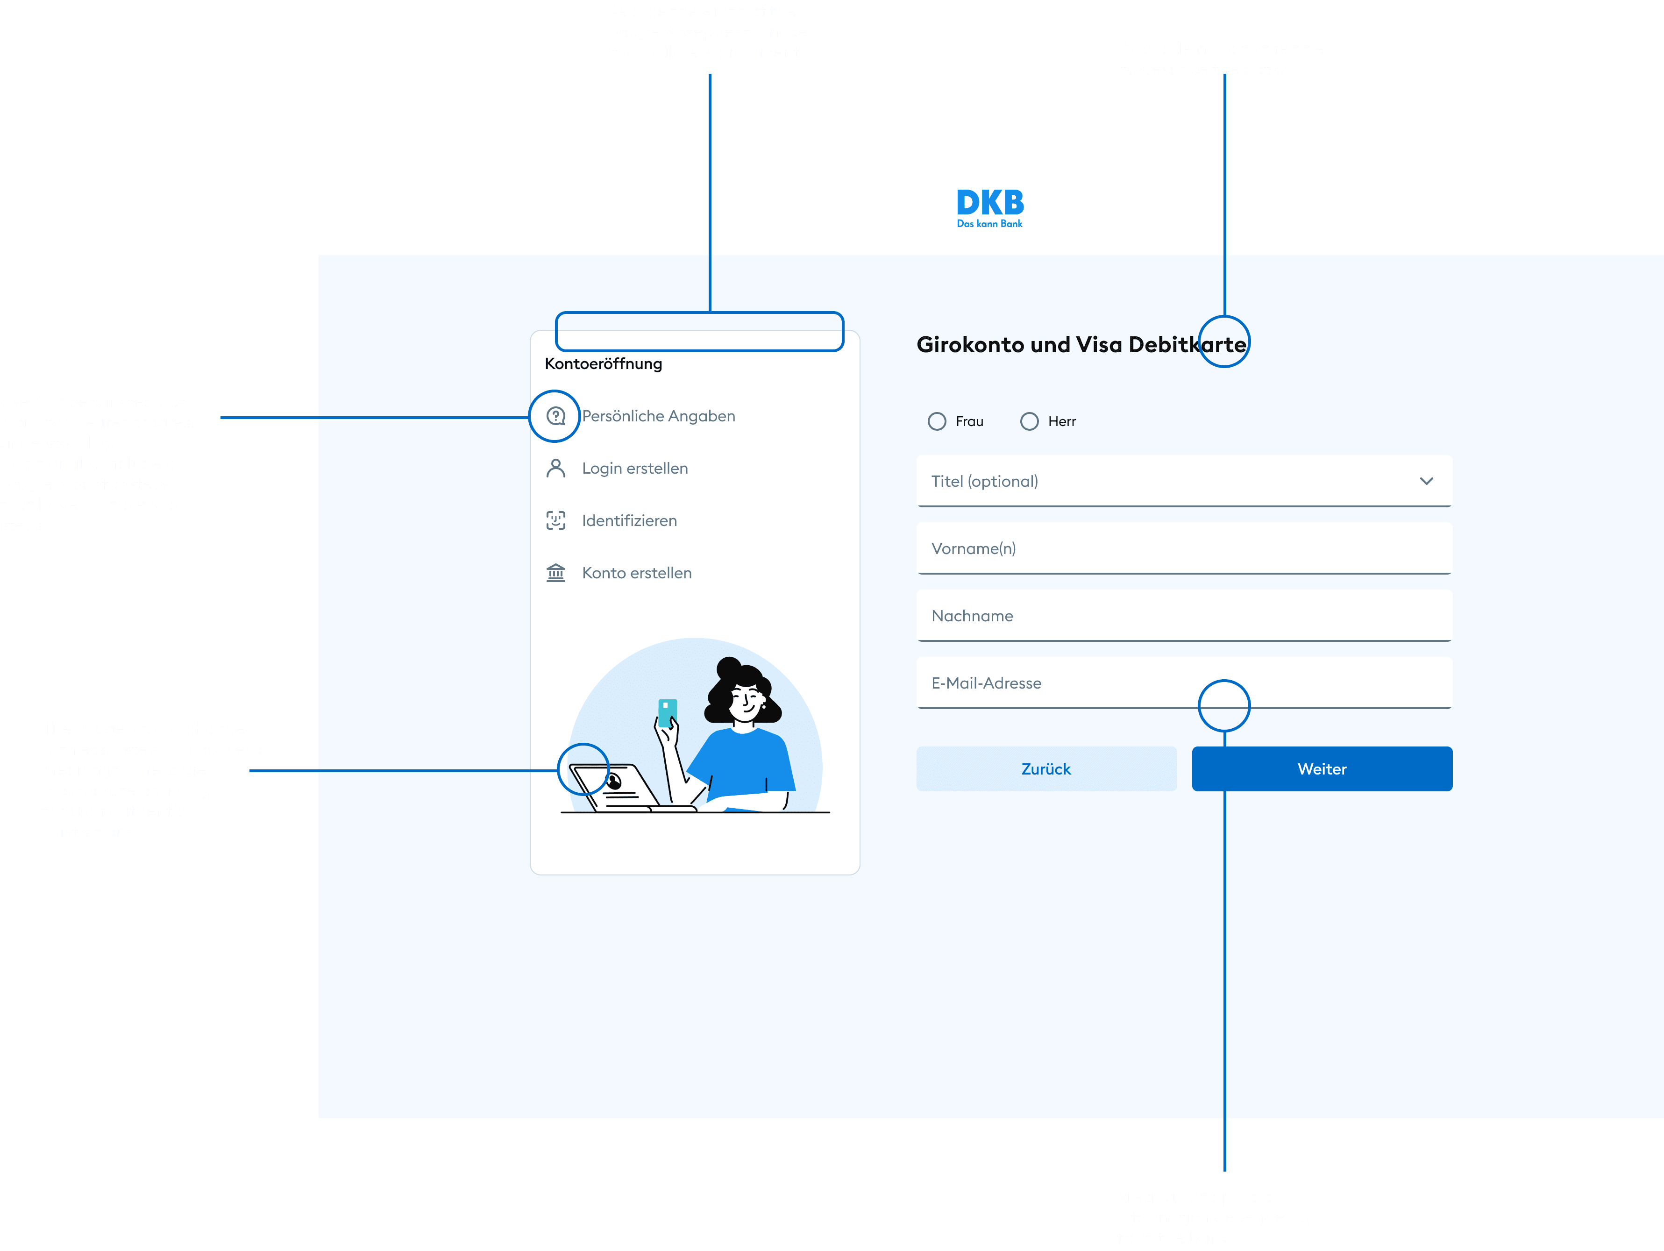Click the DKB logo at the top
[989, 207]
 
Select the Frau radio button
[937, 421]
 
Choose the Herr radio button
[1029, 421]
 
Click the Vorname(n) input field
[1183, 548]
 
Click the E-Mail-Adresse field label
[986, 683]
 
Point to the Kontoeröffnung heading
[603, 364]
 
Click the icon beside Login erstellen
[556, 469]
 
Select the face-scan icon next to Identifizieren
[556, 520]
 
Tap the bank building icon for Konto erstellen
[556, 573]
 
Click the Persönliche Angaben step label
[658, 416]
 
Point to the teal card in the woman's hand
[667, 711]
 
